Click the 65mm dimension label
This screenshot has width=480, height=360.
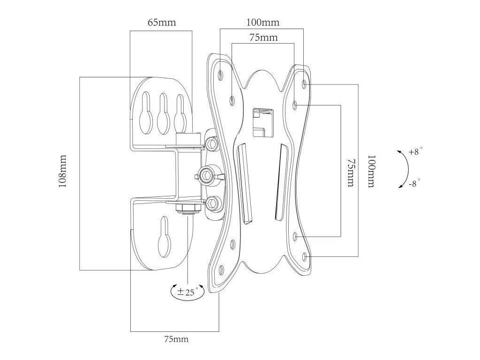click(x=161, y=22)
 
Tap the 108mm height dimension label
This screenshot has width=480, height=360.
click(x=63, y=172)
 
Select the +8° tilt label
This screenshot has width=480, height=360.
click(x=415, y=152)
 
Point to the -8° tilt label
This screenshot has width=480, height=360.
click(x=415, y=183)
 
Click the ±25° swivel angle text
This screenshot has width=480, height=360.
click(x=187, y=292)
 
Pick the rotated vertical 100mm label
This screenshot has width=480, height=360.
click(x=370, y=172)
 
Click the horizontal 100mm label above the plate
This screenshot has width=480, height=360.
click(x=262, y=22)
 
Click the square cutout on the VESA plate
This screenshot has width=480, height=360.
click(x=262, y=122)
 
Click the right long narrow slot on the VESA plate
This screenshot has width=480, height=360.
click(x=280, y=180)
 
